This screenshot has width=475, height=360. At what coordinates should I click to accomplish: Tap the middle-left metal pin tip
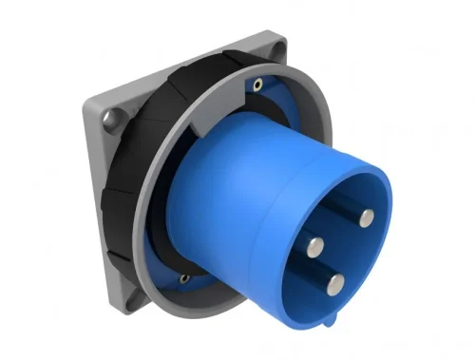pyautogui.click(x=315, y=244)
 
